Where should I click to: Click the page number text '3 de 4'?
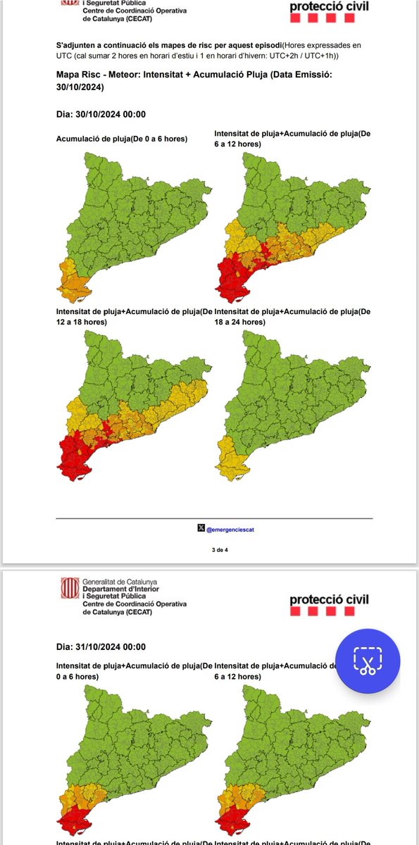pos(211,549)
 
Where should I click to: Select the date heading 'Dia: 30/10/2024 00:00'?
pos(101,115)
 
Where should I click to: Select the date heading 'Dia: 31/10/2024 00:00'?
pos(101,646)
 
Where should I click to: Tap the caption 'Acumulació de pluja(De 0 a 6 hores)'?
pos(121,139)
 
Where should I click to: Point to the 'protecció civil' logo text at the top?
pos(328,8)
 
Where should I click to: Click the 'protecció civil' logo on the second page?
pos(329,600)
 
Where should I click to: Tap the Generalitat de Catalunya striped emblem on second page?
pos(69,589)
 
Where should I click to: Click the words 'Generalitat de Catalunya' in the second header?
pos(119,582)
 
